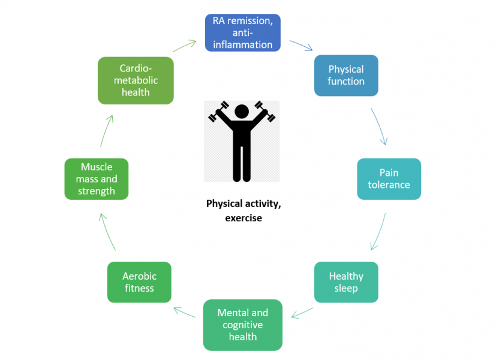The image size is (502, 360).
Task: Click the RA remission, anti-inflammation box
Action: [x=242, y=32]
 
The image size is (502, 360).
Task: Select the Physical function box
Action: [x=346, y=76]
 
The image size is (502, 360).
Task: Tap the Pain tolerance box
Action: [x=389, y=179]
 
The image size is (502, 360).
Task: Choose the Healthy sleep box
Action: [x=346, y=282]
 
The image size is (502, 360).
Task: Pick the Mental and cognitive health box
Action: [x=242, y=325]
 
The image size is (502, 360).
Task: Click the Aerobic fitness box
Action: [x=139, y=282]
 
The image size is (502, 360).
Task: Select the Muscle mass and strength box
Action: [x=96, y=179]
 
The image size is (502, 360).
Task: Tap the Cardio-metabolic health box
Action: [x=136, y=80]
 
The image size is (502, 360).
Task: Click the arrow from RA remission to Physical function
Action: [x=300, y=46]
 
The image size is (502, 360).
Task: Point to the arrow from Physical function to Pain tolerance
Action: [x=380, y=127]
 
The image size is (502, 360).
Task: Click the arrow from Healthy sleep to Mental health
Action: [x=301, y=313]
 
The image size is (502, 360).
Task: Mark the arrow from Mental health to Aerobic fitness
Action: [x=184, y=313]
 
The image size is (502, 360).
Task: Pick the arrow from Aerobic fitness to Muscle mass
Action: [x=107, y=231]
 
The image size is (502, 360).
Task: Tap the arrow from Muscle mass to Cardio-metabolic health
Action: [x=106, y=129]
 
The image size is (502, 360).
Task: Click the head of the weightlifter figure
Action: [x=242, y=112]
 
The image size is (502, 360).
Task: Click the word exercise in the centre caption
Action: [x=244, y=218]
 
